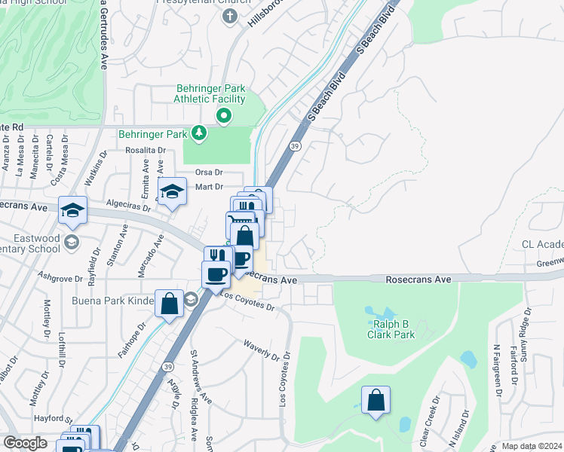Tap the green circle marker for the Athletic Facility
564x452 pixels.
(224, 116)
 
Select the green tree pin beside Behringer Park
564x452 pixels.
(199, 134)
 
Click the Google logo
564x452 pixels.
(25, 442)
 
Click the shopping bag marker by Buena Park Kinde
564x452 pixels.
(170, 304)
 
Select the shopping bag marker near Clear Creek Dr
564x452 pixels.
(375, 401)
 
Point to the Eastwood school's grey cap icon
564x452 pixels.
(72, 242)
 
